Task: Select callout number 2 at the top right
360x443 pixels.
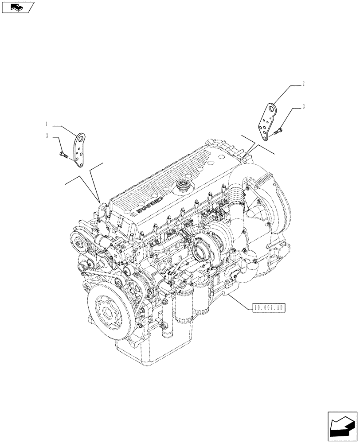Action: [303, 83]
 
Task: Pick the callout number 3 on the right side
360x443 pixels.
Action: [303, 106]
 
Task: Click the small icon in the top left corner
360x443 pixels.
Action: [18, 7]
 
